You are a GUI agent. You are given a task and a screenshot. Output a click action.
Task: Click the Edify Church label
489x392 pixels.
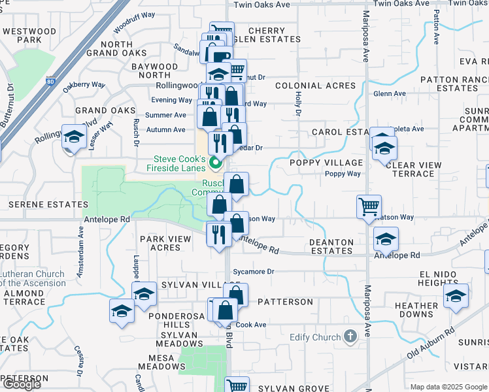click(x=315, y=337)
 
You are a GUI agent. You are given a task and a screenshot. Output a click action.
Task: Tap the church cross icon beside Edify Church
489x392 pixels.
click(x=350, y=337)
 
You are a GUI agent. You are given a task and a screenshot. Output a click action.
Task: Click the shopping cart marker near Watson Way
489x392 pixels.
click(x=369, y=206)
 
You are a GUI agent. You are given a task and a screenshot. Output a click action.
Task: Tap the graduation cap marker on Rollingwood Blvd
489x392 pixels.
click(x=75, y=137)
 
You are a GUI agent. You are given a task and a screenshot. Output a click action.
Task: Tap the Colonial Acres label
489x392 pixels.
click(x=315, y=86)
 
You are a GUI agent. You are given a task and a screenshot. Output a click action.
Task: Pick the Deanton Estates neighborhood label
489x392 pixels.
click(x=331, y=246)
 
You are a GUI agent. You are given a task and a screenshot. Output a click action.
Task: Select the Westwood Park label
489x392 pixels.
click(x=29, y=35)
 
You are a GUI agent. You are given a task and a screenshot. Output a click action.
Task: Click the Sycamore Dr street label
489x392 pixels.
click(x=252, y=271)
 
